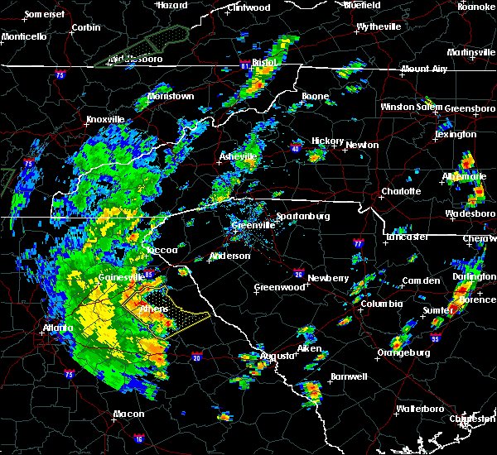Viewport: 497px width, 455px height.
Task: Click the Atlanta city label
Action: tap(57, 328)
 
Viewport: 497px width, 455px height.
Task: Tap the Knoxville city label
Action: tap(105, 119)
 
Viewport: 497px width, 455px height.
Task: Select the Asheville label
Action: tap(238, 156)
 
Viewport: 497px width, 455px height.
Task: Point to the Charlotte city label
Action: tap(401, 191)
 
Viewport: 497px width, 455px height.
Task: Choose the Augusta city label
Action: tap(277, 356)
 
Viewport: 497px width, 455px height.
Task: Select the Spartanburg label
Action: tap(302, 216)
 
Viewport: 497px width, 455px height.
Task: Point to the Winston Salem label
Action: tap(412, 107)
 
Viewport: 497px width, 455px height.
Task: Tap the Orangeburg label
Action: tap(403, 352)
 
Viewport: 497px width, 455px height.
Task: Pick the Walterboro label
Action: tap(419, 409)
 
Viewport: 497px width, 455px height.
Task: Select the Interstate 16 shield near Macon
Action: tap(139, 438)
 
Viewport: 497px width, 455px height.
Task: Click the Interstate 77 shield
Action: tap(358, 245)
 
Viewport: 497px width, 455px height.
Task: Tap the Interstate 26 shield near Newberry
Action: tap(298, 274)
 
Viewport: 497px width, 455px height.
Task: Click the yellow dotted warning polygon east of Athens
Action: tap(181, 315)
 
